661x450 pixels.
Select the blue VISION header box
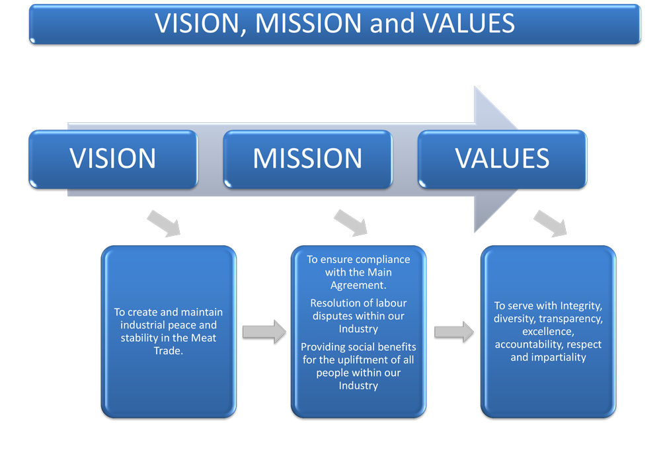(x=113, y=159)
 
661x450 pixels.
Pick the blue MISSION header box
(x=307, y=159)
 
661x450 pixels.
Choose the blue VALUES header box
(x=502, y=159)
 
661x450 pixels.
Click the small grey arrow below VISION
(x=163, y=223)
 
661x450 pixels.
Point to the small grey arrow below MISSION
(x=351, y=223)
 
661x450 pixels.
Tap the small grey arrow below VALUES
(x=551, y=223)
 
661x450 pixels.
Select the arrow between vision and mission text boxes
(x=264, y=332)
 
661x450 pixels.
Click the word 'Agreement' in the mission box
(x=358, y=285)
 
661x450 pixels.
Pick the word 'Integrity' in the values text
(x=581, y=305)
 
